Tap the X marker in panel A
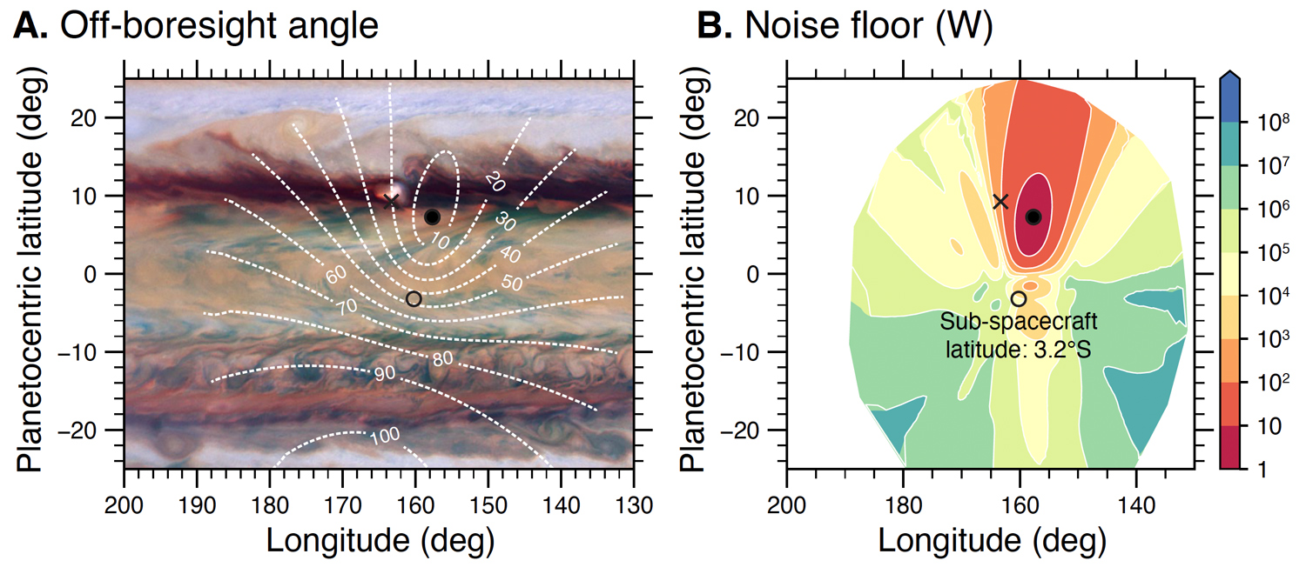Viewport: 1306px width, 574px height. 391,202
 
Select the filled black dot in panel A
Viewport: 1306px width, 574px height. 432,217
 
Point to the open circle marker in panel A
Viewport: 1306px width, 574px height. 414,298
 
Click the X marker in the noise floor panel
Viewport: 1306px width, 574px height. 1000,202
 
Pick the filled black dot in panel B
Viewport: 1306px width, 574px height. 1033,217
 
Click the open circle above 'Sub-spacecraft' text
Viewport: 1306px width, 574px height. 1018,298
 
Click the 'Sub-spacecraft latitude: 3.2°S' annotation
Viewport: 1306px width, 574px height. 1018,337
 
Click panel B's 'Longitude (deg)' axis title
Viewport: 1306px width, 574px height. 992,541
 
